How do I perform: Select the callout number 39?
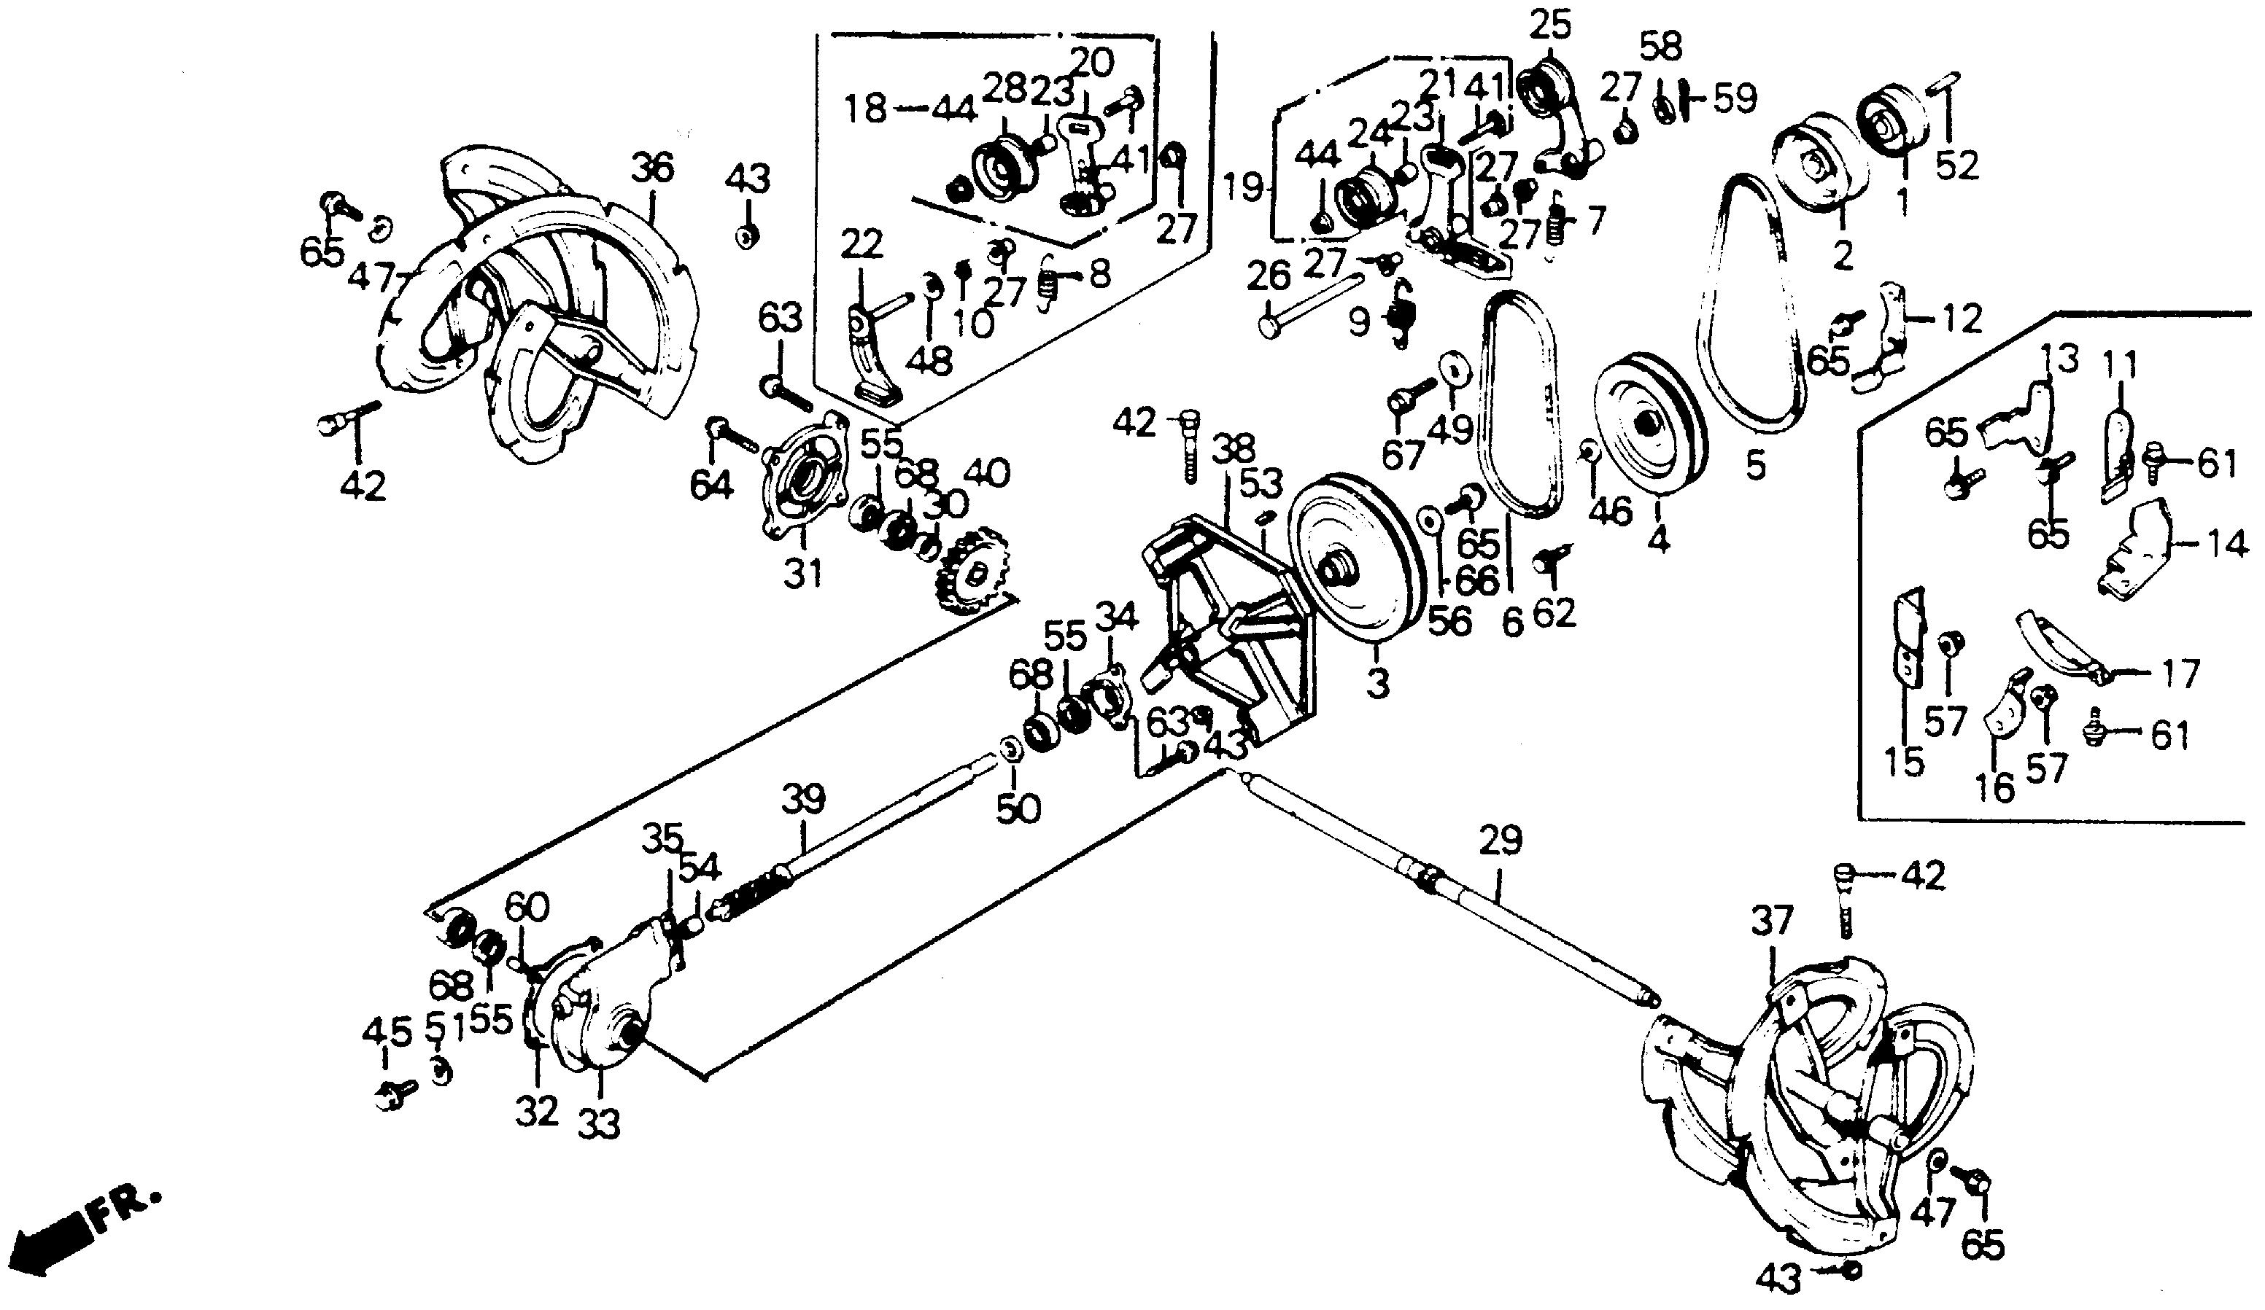click(802, 798)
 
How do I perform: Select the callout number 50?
click(1018, 808)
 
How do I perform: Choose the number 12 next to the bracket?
click(1959, 319)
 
